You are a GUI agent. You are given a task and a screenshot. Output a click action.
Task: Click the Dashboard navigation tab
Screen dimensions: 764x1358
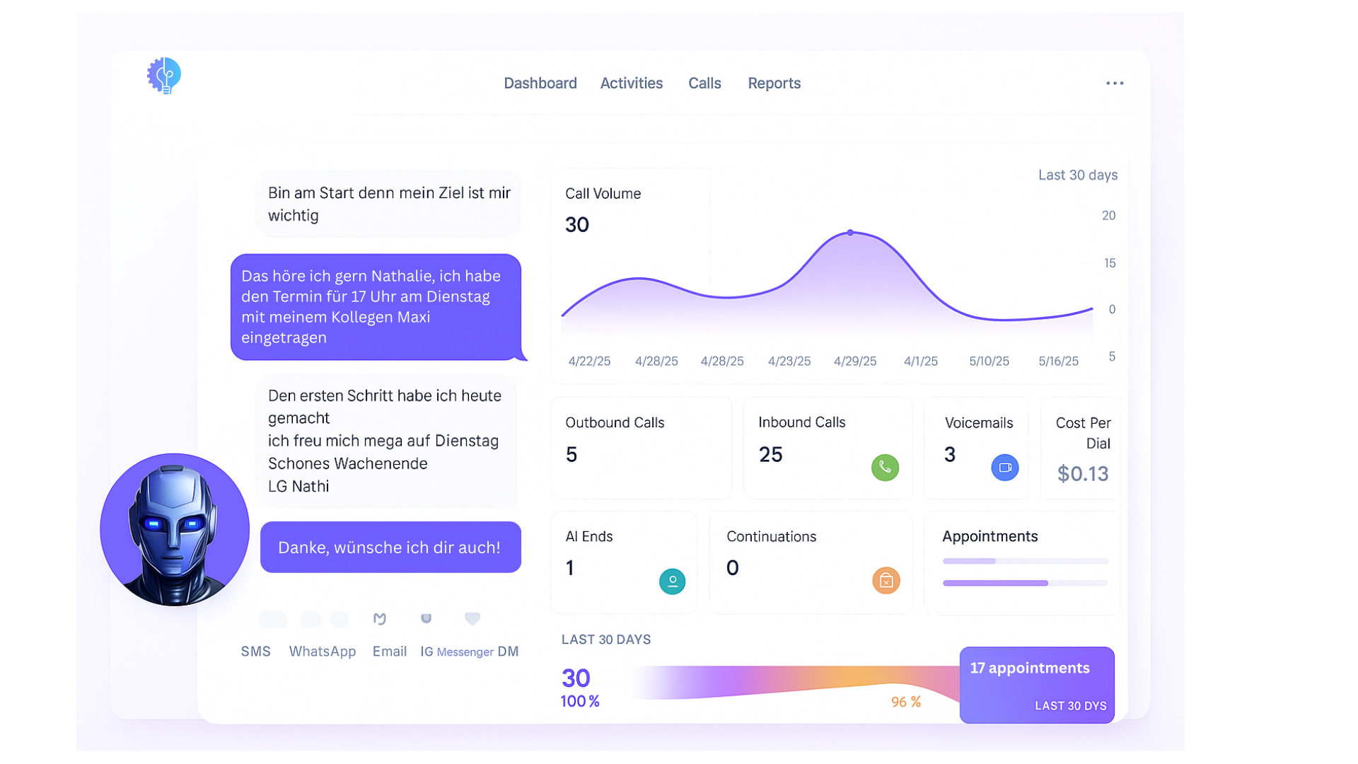(x=540, y=83)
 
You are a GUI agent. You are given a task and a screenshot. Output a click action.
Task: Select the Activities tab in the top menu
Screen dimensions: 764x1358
(x=631, y=83)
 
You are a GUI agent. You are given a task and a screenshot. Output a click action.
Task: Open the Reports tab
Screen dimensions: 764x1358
(x=774, y=83)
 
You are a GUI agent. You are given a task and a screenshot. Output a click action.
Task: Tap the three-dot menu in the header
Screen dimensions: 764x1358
(x=1115, y=83)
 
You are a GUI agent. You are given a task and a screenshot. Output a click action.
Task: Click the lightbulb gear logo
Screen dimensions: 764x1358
(x=164, y=75)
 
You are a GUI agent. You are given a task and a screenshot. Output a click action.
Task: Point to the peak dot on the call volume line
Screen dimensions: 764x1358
(x=850, y=233)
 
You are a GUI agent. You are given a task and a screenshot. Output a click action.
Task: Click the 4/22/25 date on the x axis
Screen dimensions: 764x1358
(x=589, y=361)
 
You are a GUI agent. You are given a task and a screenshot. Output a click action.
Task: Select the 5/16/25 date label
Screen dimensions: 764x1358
(x=1058, y=361)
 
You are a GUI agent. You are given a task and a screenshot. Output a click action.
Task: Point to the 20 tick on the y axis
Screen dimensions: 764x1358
(x=1108, y=216)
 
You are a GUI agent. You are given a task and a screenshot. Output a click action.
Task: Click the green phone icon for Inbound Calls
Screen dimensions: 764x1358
(x=885, y=468)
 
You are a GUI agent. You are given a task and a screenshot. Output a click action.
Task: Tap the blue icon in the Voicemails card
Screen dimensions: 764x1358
(x=1004, y=468)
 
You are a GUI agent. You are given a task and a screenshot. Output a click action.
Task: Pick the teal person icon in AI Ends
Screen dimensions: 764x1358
(x=672, y=581)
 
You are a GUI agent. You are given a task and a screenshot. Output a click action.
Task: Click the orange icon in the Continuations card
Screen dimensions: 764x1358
(x=886, y=581)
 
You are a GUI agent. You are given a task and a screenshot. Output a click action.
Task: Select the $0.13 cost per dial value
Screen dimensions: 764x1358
(x=1082, y=474)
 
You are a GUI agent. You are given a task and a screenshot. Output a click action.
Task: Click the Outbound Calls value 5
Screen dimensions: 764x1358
(x=571, y=455)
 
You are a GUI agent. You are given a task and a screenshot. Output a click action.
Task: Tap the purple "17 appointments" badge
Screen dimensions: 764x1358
(x=1036, y=684)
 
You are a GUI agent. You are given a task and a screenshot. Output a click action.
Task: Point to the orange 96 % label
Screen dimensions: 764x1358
(x=905, y=702)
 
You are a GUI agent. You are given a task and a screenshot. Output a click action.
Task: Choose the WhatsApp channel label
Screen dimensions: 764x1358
(x=322, y=652)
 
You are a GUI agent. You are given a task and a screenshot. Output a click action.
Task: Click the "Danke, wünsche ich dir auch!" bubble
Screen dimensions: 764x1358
(x=390, y=548)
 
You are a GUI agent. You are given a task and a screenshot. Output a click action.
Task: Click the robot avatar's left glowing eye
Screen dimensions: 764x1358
(x=153, y=524)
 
